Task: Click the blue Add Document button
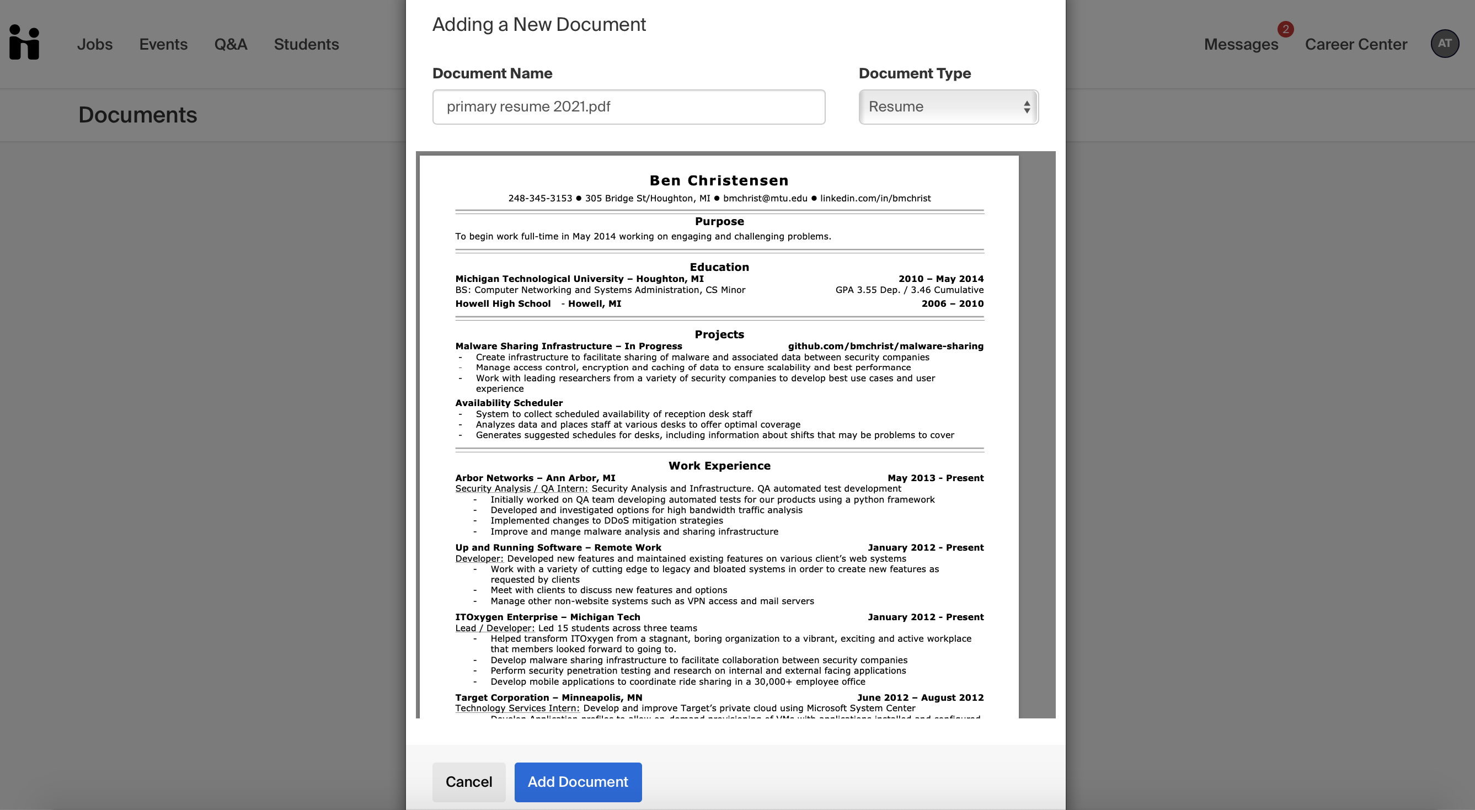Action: tap(578, 782)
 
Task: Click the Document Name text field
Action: tap(628, 107)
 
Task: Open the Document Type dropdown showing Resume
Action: tap(948, 107)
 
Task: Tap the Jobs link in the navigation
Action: tap(94, 44)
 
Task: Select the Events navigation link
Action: tap(163, 44)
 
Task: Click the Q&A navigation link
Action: tap(230, 44)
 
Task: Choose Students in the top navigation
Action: tap(306, 44)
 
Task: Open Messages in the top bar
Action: tap(1241, 44)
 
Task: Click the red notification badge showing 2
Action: tap(1285, 29)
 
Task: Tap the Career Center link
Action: tap(1355, 44)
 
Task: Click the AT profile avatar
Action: tap(1444, 44)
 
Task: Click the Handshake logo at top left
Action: tap(24, 42)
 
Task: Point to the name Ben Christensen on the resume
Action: tap(719, 180)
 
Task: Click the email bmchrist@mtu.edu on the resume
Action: tap(765, 198)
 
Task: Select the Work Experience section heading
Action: tap(719, 466)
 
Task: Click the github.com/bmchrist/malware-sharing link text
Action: tap(885, 346)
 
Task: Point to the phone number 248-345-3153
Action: tap(540, 198)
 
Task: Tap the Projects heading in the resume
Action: tap(719, 334)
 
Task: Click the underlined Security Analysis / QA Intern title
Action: tap(521, 489)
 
